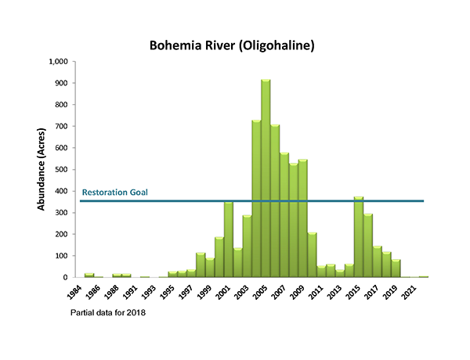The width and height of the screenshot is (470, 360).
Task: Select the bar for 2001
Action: pos(229,239)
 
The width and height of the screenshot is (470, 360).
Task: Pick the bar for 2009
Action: pos(302,218)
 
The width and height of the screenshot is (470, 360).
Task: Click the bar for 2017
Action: pos(377,262)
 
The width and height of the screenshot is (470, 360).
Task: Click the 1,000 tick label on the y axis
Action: pos(58,62)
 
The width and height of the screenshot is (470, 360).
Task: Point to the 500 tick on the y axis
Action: pos(61,169)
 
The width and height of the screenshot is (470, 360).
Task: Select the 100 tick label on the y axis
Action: pos(61,256)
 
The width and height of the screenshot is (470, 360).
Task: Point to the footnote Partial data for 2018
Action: pos(108,312)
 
